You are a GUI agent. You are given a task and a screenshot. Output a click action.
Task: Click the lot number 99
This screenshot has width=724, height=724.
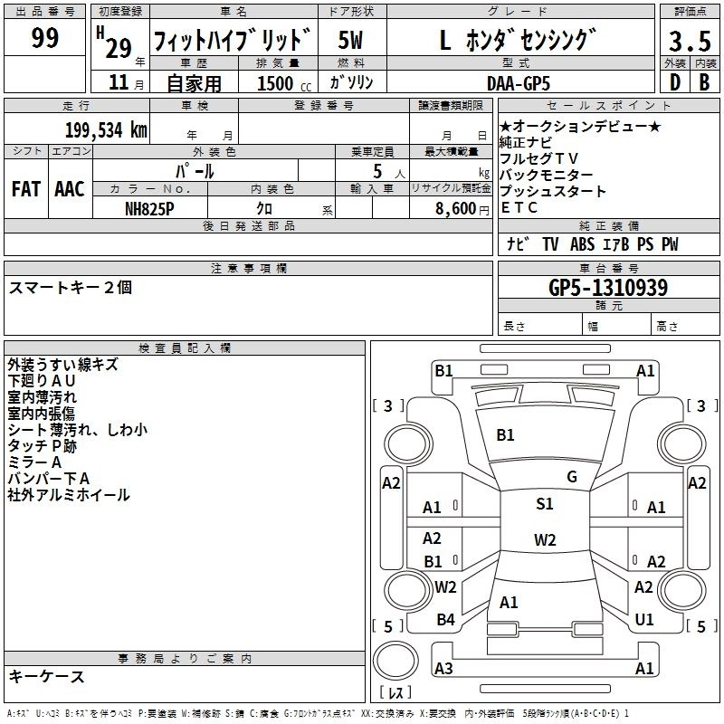pos(45,38)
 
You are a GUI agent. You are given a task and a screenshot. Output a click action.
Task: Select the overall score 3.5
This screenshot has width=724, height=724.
pos(690,42)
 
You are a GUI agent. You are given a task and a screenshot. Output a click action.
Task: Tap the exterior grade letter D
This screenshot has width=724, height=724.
pos(674,81)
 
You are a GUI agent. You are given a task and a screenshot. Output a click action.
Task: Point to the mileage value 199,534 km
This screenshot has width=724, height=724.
pos(106,129)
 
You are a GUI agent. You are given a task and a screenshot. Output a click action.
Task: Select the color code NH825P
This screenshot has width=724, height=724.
pos(150,207)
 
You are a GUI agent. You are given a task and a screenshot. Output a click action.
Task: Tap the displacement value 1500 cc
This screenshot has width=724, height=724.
pos(281,82)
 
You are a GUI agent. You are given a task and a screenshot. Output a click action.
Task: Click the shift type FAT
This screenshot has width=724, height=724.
pos(25,189)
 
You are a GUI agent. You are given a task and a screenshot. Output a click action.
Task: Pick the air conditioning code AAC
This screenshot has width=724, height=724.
pos(70,189)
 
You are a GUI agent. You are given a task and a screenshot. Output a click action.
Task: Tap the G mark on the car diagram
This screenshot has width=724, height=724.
pos(571,477)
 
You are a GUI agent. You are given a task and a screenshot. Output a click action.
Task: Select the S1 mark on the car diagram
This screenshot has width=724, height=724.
pos(544,504)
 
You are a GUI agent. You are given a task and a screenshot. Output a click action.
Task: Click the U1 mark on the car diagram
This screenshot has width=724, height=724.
pos(644,620)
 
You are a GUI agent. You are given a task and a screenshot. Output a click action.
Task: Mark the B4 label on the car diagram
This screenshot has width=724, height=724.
pos(445,620)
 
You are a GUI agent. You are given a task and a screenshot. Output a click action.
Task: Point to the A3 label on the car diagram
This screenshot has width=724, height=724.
pos(443,669)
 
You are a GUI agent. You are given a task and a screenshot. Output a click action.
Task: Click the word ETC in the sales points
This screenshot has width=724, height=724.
pos(519,207)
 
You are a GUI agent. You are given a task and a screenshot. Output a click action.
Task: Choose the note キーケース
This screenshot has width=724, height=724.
pos(47,677)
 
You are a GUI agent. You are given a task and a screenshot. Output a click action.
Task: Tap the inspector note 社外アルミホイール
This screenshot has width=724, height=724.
pos(69,495)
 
